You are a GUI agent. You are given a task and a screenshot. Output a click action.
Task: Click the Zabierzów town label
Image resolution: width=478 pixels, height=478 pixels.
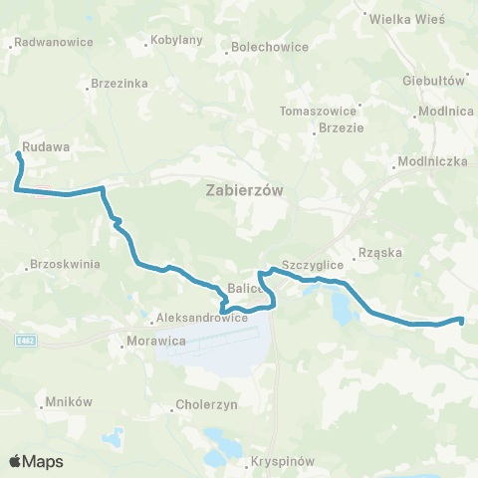(x=241, y=188)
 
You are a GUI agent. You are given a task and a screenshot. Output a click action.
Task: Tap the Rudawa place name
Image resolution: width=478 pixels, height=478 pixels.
(x=45, y=146)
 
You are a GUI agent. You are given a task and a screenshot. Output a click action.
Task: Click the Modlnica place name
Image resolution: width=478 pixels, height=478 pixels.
(x=446, y=112)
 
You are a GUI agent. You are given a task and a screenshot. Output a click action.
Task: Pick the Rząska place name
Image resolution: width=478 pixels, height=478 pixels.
(x=378, y=253)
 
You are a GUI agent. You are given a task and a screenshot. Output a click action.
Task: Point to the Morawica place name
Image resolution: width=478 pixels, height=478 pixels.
(x=151, y=341)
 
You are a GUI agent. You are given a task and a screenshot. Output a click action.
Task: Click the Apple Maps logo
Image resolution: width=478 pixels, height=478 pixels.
(x=36, y=461)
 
